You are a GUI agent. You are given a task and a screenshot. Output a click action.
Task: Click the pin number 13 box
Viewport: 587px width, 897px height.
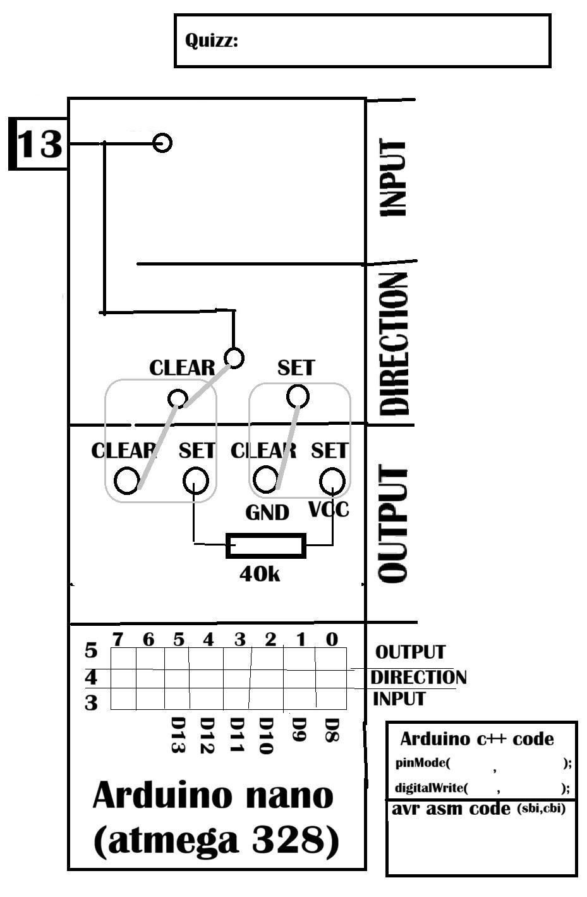pyautogui.click(x=39, y=143)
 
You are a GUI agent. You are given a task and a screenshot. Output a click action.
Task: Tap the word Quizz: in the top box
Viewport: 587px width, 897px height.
pyautogui.click(x=212, y=41)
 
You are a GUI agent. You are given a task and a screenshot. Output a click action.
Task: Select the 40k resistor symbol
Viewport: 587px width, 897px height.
pyautogui.click(x=266, y=546)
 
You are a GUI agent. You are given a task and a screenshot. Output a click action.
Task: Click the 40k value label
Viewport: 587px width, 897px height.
pyautogui.click(x=260, y=575)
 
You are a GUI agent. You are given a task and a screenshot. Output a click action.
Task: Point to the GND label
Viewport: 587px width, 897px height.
pyautogui.click(x=267, y=513)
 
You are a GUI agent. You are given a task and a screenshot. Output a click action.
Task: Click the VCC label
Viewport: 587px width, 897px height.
pyautogui.click(x=329, y=510)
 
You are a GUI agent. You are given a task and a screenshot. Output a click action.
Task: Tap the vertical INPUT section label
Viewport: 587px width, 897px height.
pyautogui.click(x=394, y=178)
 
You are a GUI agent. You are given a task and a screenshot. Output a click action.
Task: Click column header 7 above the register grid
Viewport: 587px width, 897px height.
pyautogui.click(x=118, y=640)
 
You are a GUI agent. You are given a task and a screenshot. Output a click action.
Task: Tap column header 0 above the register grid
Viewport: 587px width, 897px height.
pyautogui.click(x=332, y=640)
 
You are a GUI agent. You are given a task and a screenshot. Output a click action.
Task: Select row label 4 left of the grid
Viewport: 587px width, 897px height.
pyautogui.click(x=91, y=677)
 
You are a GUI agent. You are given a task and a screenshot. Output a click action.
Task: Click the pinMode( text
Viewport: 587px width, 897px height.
pyautogui.click(x=423, y=763)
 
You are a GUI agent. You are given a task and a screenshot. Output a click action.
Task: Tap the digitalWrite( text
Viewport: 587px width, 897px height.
pyautogui.click(x=432, y=788)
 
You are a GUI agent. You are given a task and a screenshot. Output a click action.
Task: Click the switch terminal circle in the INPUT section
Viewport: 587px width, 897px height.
pyautogui.click(x=162, y=143)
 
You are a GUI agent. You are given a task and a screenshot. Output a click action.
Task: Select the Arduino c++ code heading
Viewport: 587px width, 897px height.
pyautogui.click(x=477, y=739)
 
